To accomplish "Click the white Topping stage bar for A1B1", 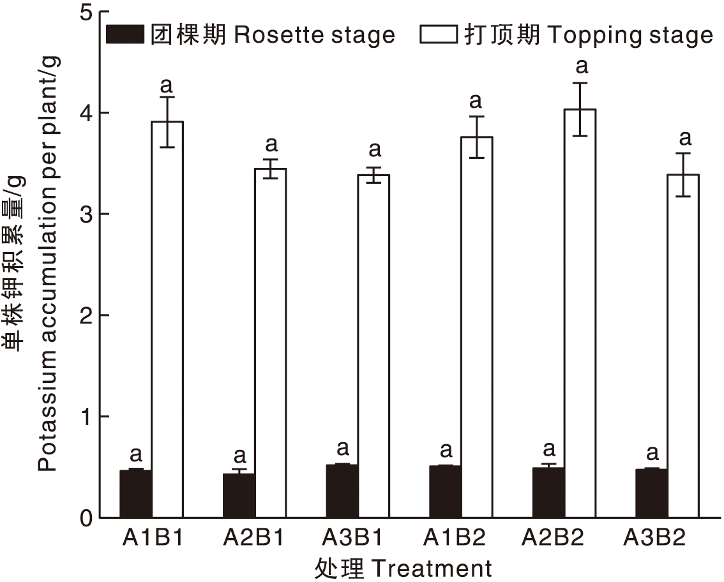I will (x=167, y=319).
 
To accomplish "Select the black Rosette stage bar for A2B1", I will (x=239, y=495).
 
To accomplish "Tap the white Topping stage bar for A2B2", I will (x=580, y=313).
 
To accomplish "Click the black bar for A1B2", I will (x=445, y=492).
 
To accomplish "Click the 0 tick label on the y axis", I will (x=84, y=518).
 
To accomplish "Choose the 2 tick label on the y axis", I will (x=84, y=315).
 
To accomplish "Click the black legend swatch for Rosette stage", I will (x=125, y=34).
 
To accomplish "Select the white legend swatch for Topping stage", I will (x=439, y=34).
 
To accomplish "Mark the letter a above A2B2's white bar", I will (x=581, y=65).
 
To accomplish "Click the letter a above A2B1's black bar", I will (x=239, y=456).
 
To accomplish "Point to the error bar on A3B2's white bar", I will (x=683, y=174).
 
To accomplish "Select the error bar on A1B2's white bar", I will (x=476, y=137).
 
